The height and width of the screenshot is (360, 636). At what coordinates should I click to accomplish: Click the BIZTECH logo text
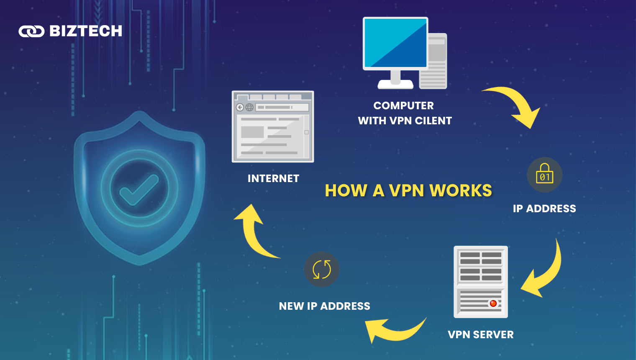click(x=86, y=31)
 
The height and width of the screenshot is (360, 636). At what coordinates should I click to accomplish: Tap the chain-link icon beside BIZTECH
click(x=31, y=31)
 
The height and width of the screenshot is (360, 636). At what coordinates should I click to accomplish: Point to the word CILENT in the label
click(x=433, y=121)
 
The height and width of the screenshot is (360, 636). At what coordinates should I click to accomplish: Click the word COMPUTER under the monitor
click(x=403, y=105)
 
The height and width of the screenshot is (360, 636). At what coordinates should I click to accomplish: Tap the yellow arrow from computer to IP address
click(x=517, y=105)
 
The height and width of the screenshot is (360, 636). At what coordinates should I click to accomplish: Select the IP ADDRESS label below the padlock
click(x=544, y=208)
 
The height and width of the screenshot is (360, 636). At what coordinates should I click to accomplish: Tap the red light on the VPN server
click(x=493, y=303)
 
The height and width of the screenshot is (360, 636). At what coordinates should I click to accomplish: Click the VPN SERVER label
click(x=480, y=334)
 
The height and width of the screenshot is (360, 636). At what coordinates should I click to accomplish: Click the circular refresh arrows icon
click(x=322, y=269)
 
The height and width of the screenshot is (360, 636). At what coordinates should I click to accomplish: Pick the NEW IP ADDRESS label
click(x=324, y=306)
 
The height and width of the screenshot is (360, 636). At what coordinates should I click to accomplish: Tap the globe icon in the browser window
click(x=249, y=107)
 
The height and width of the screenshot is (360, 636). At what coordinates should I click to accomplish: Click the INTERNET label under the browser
click(x=273, y=179)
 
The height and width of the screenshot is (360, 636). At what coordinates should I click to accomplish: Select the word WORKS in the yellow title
click(x=461, y=191)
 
